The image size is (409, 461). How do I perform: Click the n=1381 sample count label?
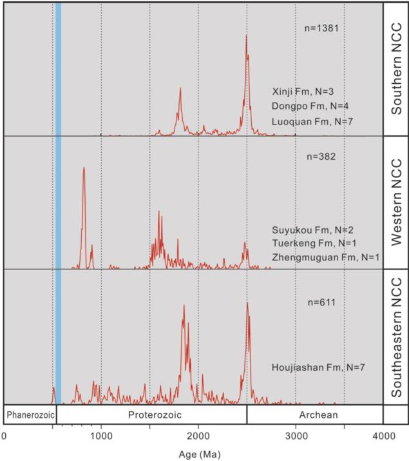pos(322,28)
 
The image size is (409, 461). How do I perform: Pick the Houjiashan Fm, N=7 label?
pos(319,367)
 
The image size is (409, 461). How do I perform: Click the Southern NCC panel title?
pos(395,68)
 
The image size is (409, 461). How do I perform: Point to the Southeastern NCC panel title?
pos(395,337)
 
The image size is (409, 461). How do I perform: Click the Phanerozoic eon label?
pos(30,415)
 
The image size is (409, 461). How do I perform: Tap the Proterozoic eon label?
pos(152,415)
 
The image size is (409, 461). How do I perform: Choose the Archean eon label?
pos(315,415)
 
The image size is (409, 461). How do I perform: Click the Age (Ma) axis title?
pos(199,453)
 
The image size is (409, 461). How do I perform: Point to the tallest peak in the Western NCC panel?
pos(84,168)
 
